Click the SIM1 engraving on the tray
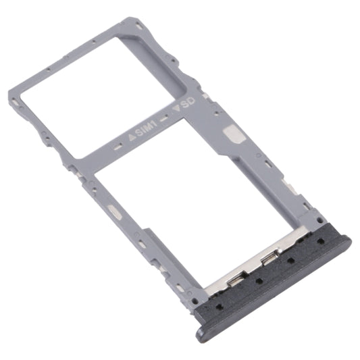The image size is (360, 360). tap(143, 128)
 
